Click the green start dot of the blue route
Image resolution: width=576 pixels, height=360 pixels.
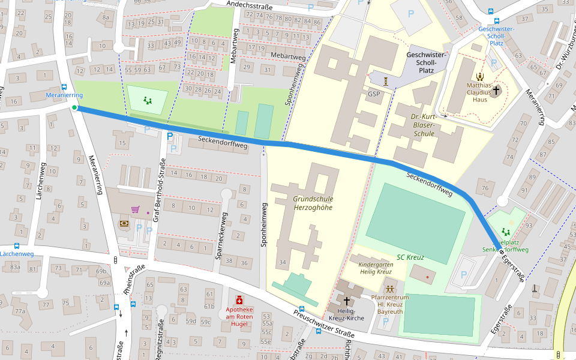point(74,108)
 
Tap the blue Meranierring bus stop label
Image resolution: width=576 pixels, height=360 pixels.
point(64,95)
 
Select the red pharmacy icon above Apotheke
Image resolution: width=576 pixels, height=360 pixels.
point(239,300)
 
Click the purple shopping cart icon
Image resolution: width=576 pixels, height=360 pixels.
point(136,209)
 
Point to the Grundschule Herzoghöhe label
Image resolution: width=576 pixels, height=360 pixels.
point(313,203)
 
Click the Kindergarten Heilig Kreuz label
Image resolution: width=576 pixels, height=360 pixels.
point(376,268)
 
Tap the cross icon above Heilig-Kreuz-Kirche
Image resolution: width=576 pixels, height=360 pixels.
point(347,300)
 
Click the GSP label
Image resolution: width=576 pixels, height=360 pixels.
point(374,94)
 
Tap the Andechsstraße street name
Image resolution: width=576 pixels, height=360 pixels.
point(250,5)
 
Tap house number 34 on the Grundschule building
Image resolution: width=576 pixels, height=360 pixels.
point(283,262)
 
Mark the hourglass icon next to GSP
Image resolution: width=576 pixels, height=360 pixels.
point(387,80)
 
